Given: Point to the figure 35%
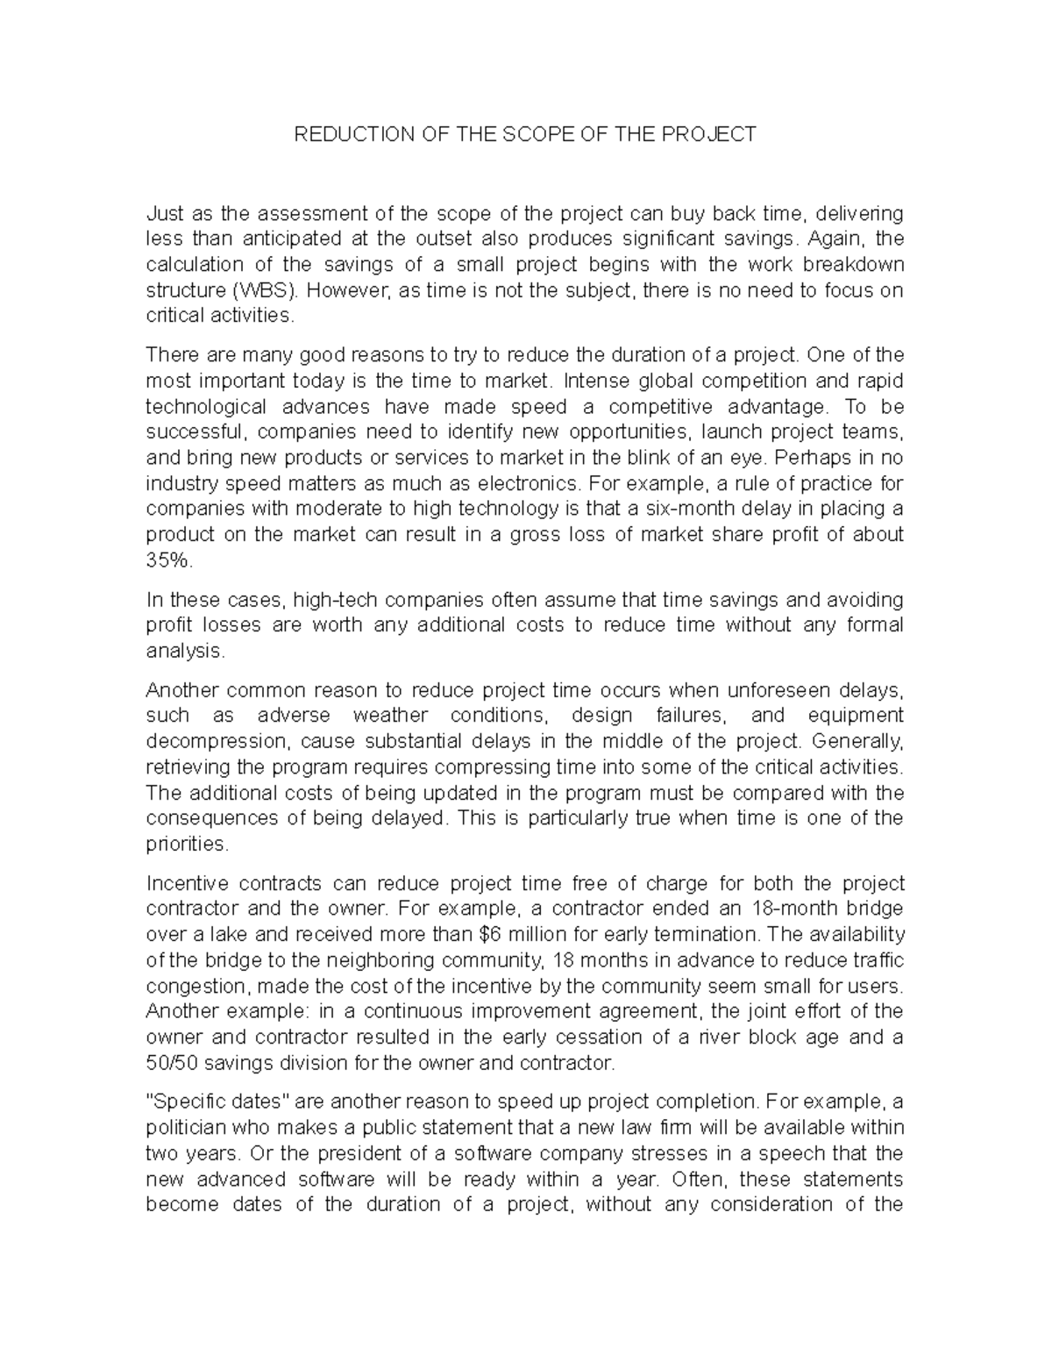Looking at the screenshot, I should [x=167, y=560].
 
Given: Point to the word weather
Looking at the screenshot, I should [x=391, y=715].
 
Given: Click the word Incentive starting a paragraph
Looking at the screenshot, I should [x=185, y=882].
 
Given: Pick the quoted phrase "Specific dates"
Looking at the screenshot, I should [x=217, y=1102].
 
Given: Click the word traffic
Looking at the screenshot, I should [x=873, y=959].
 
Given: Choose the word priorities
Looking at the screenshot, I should [x=187, y=844].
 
